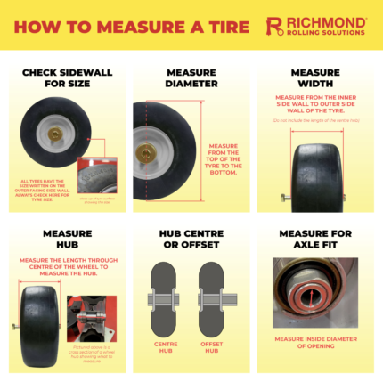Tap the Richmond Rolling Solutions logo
click(x=316, y=25)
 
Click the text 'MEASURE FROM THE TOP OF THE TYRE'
click(x=224, y=160)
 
